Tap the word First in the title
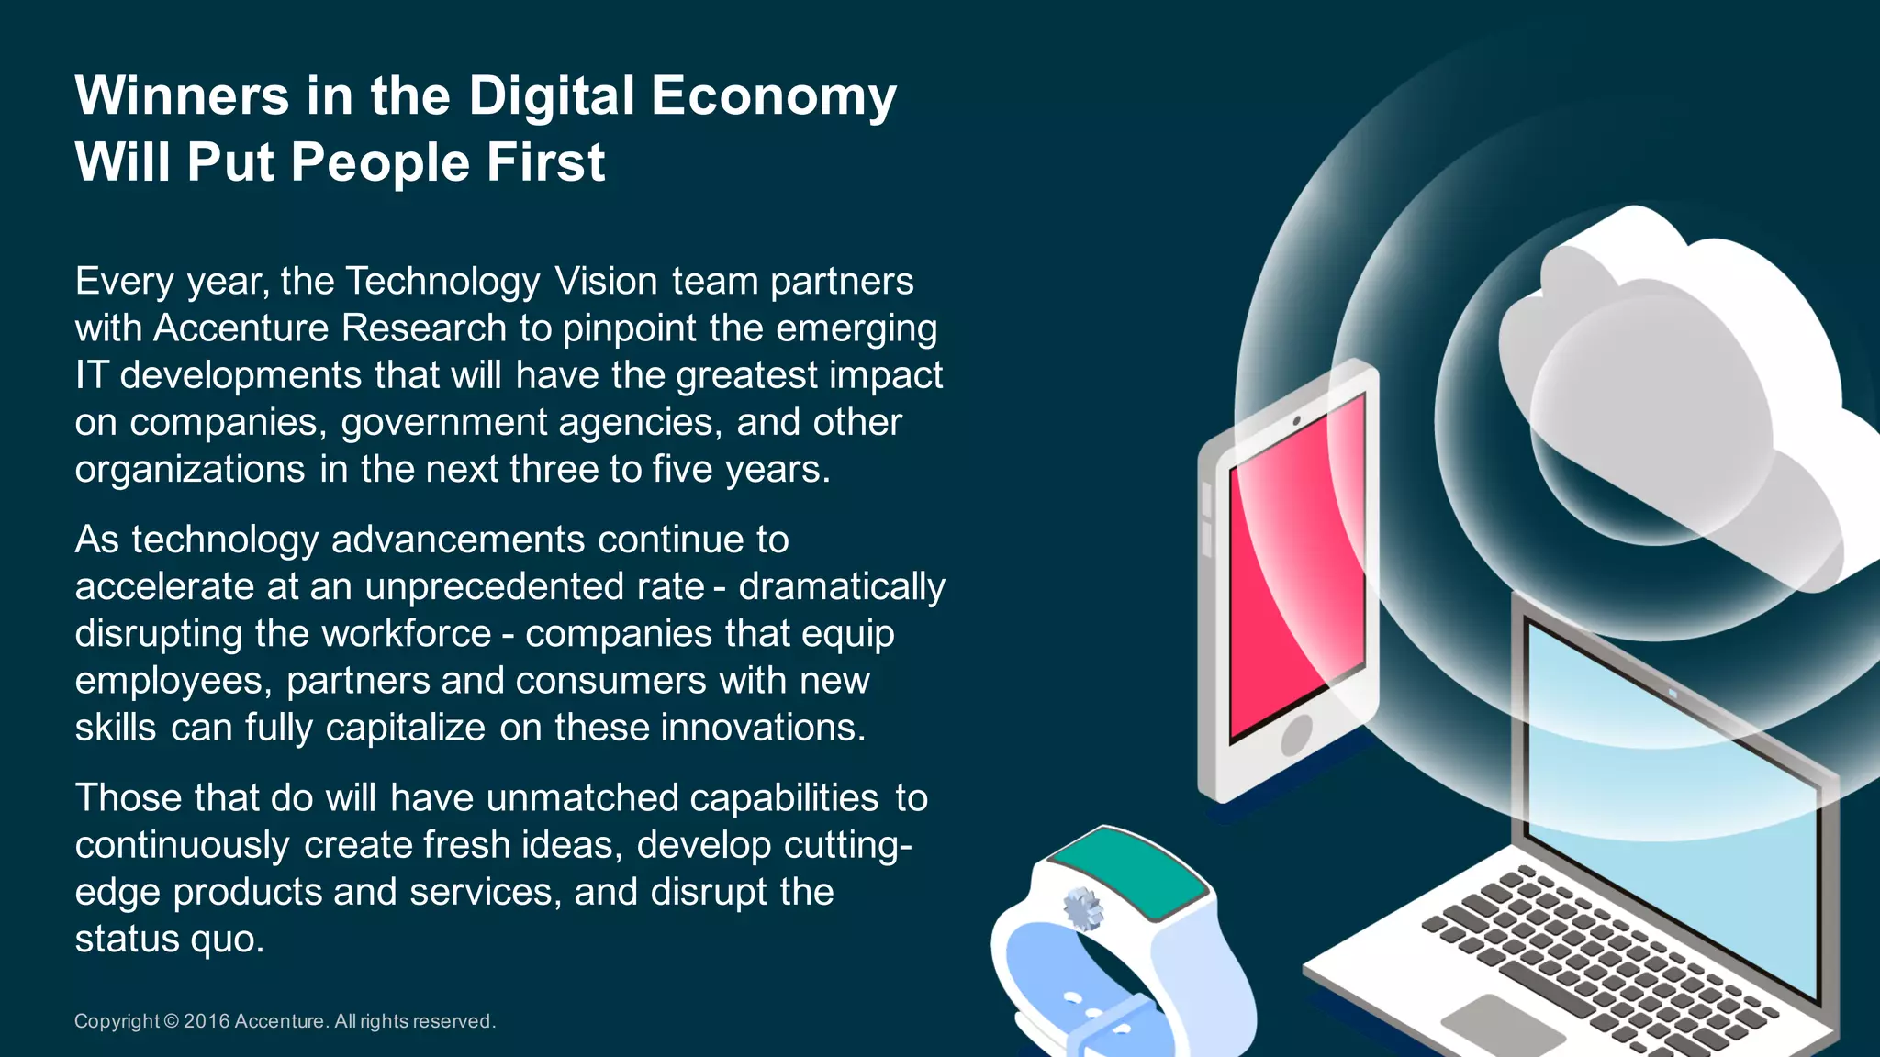coord(545,162)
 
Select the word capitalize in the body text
coord(405,728)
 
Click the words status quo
coord(169,939)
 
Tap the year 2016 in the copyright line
coord(207,1021)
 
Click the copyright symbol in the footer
coord(172,1021)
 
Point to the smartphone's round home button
coord(1296,734)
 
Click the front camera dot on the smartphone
coord(1296,421)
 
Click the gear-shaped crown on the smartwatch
coord(1082,908)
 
